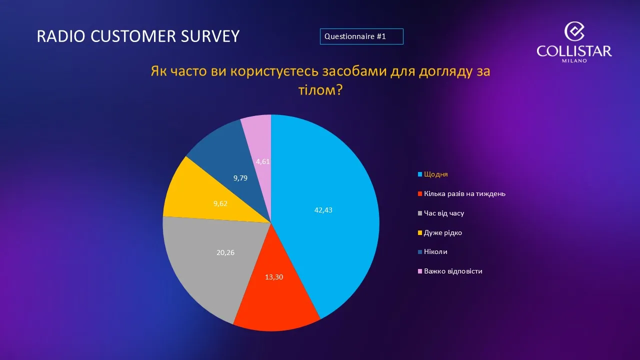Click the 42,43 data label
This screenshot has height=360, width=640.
point(323,210)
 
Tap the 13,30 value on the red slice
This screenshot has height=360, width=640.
point(274,277)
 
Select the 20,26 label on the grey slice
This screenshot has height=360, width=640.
point(225,252)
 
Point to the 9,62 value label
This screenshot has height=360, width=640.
point(220,203)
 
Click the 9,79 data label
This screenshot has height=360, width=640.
point(240,178)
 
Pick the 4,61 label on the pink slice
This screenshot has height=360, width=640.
point(263,161)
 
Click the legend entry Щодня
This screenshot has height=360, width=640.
point(435,174)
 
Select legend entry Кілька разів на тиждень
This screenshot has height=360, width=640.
point(464,193)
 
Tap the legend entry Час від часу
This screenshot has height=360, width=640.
point(444,213)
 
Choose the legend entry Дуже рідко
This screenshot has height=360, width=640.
point(443,232)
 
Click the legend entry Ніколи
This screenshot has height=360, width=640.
point(435,251)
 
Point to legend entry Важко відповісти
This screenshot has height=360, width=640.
point(453,271)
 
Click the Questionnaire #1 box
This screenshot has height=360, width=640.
point(361,36)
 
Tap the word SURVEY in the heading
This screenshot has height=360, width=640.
point(210,36)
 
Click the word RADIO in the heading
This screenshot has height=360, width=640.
point(61,36)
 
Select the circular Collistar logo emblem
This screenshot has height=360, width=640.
point(574,31)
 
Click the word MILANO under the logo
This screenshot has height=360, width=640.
point(574,60)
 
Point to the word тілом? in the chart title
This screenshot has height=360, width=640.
point(320,90)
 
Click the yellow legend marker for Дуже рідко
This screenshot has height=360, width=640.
point(419,232)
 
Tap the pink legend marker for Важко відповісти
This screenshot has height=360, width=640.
point(419,271)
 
